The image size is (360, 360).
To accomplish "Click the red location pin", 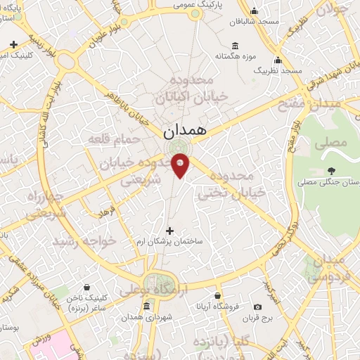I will [x=180, y=165].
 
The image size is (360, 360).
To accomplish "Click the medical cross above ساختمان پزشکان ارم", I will [x=169, y=230].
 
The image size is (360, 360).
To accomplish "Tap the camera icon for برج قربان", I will [x=258, y=307].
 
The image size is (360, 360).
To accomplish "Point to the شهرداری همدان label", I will [x=147, y=317].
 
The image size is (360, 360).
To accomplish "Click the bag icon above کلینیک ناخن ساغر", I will [x=86, y=288].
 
